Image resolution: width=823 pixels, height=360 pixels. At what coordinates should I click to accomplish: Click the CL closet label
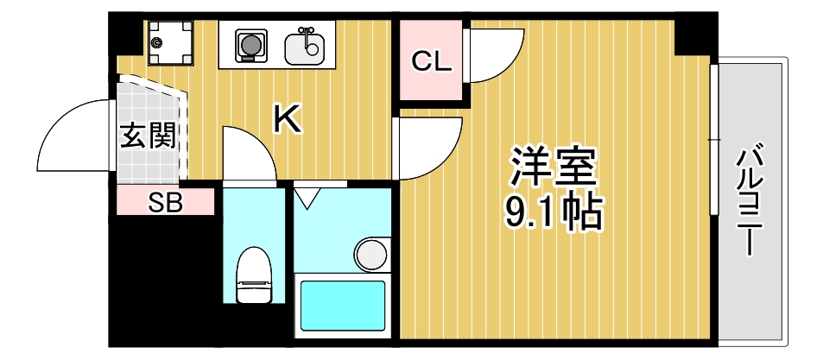pyautogui.click(x=431, y=62)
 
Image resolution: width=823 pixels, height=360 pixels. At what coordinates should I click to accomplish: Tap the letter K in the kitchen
pyautogui.click(x=288, y=120)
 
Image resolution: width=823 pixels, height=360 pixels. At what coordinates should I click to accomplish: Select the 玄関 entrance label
pyautogui.click(x=149, y=136)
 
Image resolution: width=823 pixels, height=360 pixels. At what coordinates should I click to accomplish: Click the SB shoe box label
pyautogui.click(x=165, y=204)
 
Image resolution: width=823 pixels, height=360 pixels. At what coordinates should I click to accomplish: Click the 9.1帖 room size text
pyautogui.click(x=554, y=212)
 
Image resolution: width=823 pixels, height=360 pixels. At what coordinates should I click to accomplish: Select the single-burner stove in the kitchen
pyautogui.click(x=250, y=43)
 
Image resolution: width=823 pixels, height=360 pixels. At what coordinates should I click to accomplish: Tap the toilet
pyautogui.click(x=254, y=274)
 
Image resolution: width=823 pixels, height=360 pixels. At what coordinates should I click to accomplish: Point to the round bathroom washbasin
pyautogui.click(x=371, y=254)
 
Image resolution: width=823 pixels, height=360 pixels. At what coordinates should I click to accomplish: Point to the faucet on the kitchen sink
pyautogui.click(x=303, y=32)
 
